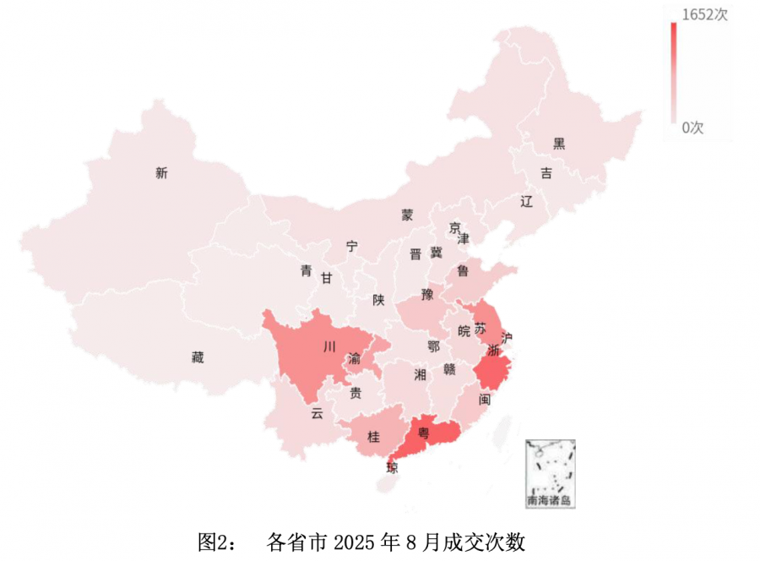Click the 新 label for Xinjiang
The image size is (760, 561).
click(161, 173)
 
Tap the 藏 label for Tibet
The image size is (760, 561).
click(197, 357)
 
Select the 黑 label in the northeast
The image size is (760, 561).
click(559, 143)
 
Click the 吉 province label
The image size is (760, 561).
click(546, 173)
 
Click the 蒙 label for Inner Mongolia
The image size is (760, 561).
click(407, 215)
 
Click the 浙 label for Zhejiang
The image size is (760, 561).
click(493, 351)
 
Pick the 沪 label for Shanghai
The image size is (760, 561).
click(507, 338)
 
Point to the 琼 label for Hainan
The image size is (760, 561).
click(393, 467)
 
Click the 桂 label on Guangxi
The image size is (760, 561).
click(373, 437)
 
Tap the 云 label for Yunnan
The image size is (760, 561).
click(317, 413)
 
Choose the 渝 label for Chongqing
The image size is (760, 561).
click(356, 359)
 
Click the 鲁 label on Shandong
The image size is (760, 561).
click(463, 270)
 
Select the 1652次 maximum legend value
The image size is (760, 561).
click(705, 14)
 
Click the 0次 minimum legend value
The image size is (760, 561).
click(693, 128)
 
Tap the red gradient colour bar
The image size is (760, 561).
click(674, 72)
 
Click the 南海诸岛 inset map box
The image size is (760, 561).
click(549, 473)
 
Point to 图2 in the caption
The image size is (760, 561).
click(214, 541)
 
